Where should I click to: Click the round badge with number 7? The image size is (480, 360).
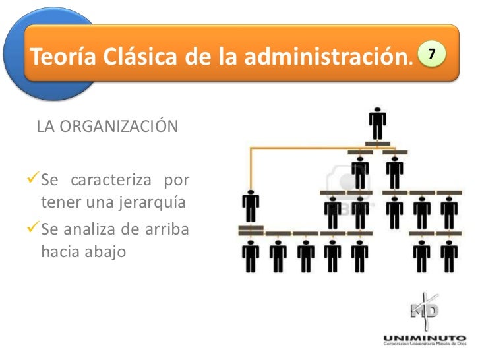pyautogui.click(x=432, y=52)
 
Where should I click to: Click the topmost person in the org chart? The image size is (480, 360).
pyautogui.click(x=377, y=123)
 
